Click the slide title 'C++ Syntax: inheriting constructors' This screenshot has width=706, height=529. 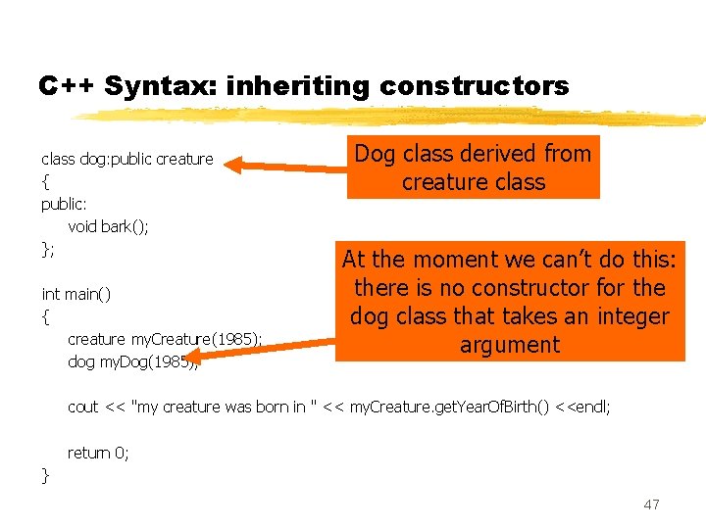(303, 86)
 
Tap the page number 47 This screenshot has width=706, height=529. (651, 505)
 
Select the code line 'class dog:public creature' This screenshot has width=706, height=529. (126, 159)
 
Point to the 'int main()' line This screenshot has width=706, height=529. (76, 294)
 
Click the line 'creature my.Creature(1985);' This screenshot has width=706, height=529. (164, 339)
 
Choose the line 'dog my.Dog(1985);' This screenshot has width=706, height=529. (132, 362)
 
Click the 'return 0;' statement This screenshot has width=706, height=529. (98, 453)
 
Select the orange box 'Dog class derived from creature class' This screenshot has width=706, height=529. (473, 168)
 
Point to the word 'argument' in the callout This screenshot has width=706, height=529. (509, 345)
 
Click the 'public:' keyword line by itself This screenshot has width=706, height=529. (64, 205)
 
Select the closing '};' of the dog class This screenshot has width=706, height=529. (48, 250)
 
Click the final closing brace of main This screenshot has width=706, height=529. (45, 476)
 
